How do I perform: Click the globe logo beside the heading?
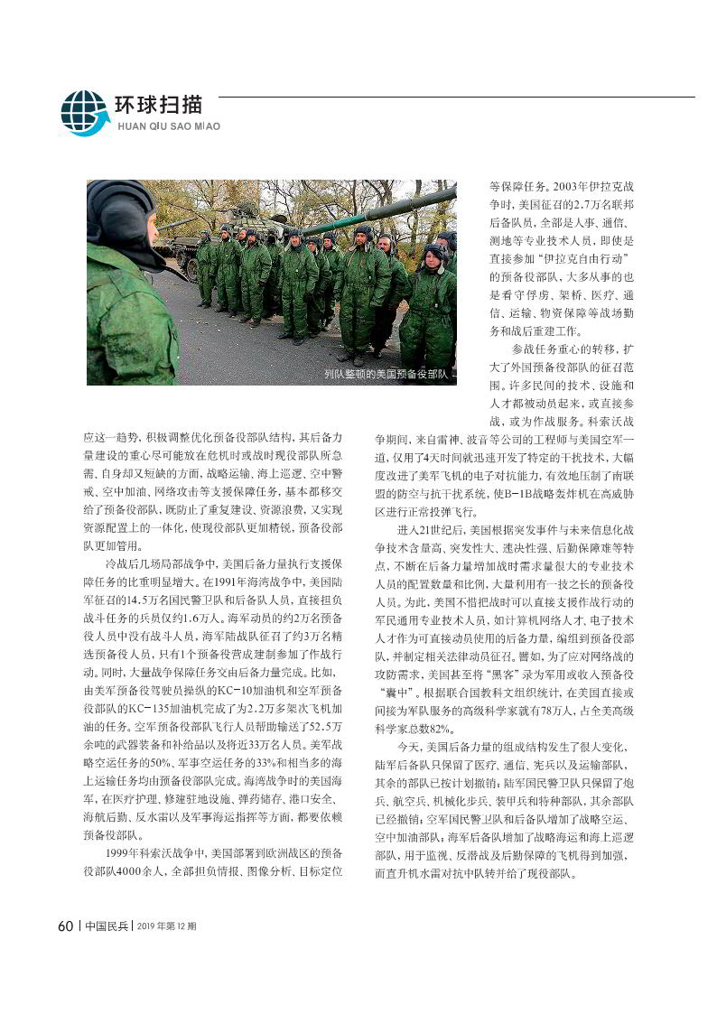pyautogui.click(x=84, y=113)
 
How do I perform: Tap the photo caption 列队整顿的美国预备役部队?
pyautogui.click(x=386, y=373)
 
